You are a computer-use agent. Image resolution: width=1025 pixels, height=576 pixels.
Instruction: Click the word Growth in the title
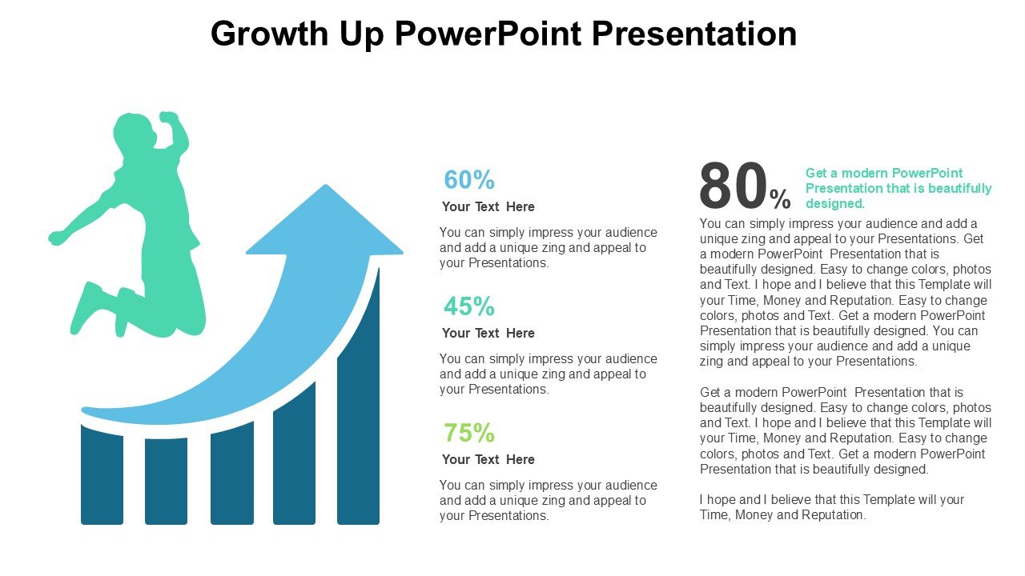(x=270, y=34)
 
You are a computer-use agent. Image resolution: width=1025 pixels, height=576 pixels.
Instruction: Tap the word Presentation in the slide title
(x=693, y=34)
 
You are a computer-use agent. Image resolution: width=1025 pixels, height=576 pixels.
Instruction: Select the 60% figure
(x=469, y=179)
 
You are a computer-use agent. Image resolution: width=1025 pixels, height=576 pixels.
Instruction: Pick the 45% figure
(x=469, y=306)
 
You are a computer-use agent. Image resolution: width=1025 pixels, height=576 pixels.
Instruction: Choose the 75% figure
(x=469, y=433)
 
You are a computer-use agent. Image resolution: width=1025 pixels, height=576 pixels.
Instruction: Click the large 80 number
(x=734, y=185)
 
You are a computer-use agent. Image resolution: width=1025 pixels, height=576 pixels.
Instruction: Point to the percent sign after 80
(x=780, y=199)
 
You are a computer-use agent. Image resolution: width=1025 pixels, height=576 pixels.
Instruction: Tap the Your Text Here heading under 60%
(x=488, y=206)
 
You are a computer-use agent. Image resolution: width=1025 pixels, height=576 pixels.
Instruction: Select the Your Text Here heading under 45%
(x=488, y=334)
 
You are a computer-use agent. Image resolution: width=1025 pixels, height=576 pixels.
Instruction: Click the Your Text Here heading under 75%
(x=488, y=459)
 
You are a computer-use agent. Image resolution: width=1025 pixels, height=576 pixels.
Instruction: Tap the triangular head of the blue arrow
(x=325, y=224)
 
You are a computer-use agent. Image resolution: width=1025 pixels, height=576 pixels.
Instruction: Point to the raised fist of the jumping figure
(x=168, y=117)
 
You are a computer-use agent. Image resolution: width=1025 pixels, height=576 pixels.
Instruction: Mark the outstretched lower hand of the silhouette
(x=57, y=238)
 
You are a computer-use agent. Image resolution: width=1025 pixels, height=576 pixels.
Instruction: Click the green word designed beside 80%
(x=834, y=203)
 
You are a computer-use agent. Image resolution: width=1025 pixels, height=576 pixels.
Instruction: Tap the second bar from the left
(x=166, y=482)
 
